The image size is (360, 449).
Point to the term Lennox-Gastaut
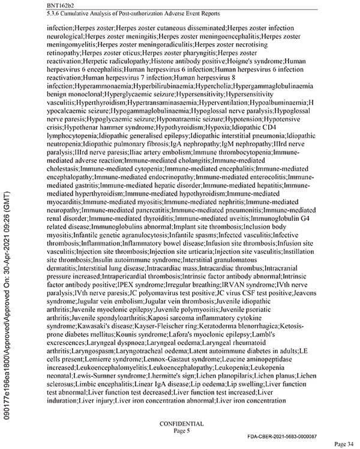coord(169,364)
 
